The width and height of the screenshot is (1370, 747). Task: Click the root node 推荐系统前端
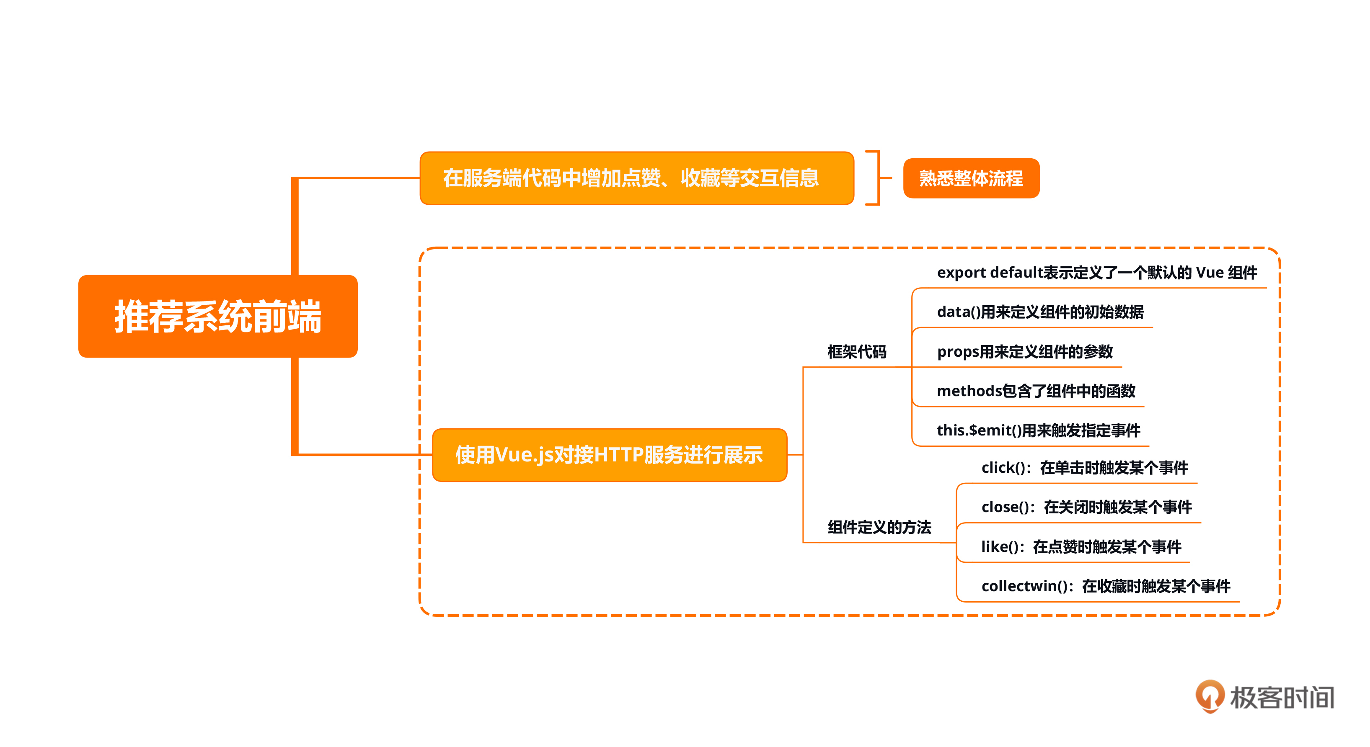pyautogui.click(x=217, y=317)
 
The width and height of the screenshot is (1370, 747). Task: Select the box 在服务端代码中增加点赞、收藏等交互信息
pyautogui.click(x=636, y=178)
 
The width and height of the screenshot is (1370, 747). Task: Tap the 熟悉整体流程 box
pyautogui.click(x=971, y=178)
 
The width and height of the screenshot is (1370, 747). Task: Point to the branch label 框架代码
pyautogui.click(x=856, y=352)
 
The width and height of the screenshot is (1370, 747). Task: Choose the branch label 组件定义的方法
pyautogui.click(x=879, y=528)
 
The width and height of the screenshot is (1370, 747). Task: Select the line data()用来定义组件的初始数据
pyautogui.click(x=1040, y=312)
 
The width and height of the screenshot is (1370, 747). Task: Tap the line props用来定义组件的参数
pyautogui.click(x=1024, y=352)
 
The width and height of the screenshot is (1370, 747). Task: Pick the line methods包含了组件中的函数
pyautogui.click(x=1036, y=392)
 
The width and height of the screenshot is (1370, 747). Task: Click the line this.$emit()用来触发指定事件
pyautogui.click(x=1038, y=430)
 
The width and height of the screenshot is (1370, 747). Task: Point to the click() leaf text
pyautogui.click(x=1084, y=468)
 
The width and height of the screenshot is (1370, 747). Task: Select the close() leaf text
pyautogui.click(x=1086, y=507)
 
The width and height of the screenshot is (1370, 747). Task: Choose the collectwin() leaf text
pyautogui.click(x=1105, y=587)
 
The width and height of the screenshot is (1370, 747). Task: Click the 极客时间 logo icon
pyautogui.click(x=1210, y=696)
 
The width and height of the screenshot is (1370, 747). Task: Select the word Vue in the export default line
pyautogui.click(x=1210, y=273)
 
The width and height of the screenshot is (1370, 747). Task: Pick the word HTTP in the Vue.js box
pyautogui.click(x=618, y=455)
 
